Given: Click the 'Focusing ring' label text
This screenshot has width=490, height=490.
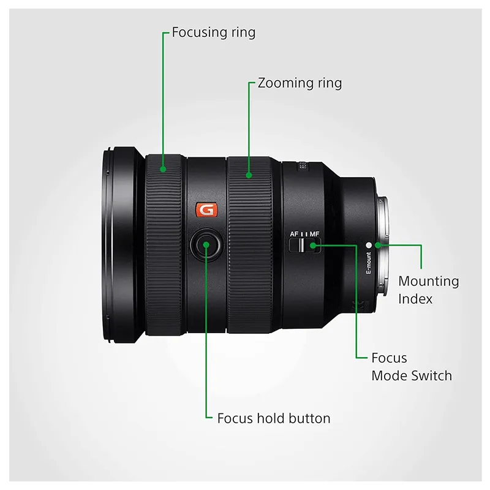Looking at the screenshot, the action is pyautogui.click(x=213, y=32).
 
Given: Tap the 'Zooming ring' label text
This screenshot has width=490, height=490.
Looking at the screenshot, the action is pyautogui.click(x=300, y=83).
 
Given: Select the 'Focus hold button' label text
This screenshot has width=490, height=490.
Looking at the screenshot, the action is pyautogui.click(x=274, y=418).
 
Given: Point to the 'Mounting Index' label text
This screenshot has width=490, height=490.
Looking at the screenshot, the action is pyautogui.click(x=428, y=290).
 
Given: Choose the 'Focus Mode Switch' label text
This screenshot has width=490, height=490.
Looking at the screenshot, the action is pyautogui.click(x=412, y=366).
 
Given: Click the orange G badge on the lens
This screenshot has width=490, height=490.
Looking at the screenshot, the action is pyautogui.click(x=206, y=209).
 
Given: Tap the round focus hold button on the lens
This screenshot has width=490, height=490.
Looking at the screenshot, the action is pyautogui.click(x=206, y=244).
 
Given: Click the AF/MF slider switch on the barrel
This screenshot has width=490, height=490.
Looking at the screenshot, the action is pyautogui.click(x=304, y=246).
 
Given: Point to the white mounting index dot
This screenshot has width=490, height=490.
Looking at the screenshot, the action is pyautogui.click(x=369, y=246).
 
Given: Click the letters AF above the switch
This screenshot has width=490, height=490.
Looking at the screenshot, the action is pyautogui.click(x=294, y=234).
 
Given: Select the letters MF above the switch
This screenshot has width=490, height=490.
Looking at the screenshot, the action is pyautogui.click(x=314, y=234).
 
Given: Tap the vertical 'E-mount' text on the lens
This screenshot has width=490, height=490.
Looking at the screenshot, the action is pyautogui.click(x=369, y=263).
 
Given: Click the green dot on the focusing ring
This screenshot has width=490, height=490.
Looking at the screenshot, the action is pyautogui.click(x=163, y=169).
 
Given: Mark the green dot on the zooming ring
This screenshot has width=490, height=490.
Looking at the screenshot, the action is pyautogui.click(x=249, y=175).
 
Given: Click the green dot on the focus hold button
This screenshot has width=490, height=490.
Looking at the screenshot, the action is pyautogui.click(x=206, y=244).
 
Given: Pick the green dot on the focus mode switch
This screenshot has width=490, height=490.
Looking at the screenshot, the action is pyautogui.click(x=313, y=246).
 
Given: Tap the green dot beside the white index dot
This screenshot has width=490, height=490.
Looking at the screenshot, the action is pyautogui.click(x=378, y=246).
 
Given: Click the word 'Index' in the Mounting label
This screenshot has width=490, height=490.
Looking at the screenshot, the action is pyautogui.click(x=415, y=299).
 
